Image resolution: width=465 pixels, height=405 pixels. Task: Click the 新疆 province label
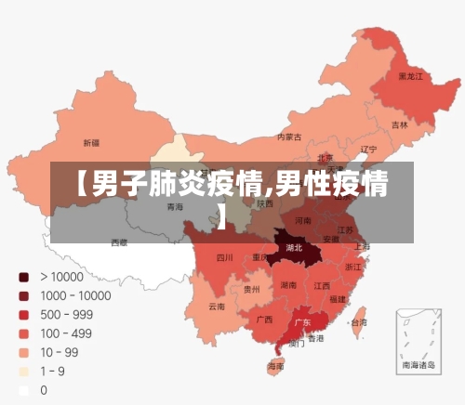click(x=91, y=143)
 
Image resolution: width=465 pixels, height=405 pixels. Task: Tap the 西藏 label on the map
click(x=119, y=242)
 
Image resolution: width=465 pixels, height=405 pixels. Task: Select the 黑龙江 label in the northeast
click(x=410, y=76)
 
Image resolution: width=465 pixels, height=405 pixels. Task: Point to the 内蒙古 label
click(x=289, y=137)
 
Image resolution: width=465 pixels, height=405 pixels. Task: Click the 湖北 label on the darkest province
click(x=294, y=248)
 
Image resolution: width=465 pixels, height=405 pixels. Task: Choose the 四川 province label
click(x=224, y=257)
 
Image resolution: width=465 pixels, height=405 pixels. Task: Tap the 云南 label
click(x=216, y=306)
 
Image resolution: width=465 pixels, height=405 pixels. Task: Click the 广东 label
click(x=302, y=322)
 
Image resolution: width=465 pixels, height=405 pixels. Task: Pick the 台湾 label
click(x=358, y=322)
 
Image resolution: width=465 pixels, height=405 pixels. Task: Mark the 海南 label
click(x=276, y=367)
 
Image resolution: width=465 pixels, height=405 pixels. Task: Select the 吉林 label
click(x=399, y=124)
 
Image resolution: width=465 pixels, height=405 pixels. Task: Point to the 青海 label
click(x=175, y=207)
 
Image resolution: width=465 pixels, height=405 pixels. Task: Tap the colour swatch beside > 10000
click(x=23, y=277)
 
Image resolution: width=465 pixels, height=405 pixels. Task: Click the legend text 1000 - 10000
click(x=75, y=295)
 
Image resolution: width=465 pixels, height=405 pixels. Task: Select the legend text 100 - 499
click(x=67, y=333)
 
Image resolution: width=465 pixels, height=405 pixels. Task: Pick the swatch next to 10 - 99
click(x=23, y=353)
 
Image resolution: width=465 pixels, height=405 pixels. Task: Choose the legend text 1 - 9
click(x=53, y=372)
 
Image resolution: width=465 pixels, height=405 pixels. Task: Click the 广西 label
click(x=264, y=319)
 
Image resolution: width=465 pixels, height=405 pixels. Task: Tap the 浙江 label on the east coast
click(x=353, y=267)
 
